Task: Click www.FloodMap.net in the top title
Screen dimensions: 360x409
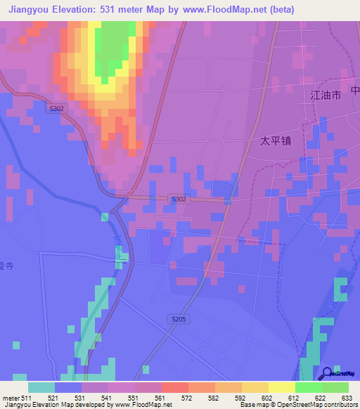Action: coord(221,9)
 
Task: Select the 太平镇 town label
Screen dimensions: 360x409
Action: coord(276,141)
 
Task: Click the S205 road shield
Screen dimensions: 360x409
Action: coord(179,320)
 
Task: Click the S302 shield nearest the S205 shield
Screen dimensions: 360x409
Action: coord(179,200)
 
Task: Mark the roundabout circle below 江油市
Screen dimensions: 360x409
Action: coord(305,126)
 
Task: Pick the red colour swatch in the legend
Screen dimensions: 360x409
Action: coord(174,387)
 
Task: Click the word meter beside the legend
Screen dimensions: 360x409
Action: coord(11,398)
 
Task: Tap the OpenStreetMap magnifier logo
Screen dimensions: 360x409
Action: coord(327,373)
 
